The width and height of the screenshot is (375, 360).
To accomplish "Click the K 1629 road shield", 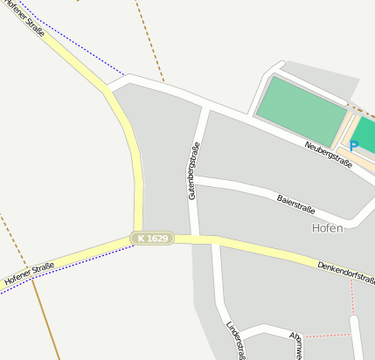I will pyautogui.click(x=152, y=238).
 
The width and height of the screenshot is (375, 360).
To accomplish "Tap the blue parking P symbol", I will pyautogui.click(x=354, y=146).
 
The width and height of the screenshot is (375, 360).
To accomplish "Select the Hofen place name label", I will pyautogui.click(x=327, y=227).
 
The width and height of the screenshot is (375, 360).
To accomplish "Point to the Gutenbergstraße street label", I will pyautogui.click(x=193, y=172).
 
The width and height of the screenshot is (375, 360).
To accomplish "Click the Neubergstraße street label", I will pyautogui.click(x=329, y=153).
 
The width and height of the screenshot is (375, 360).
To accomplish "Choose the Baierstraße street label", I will pyautogui.click(x=295, y=204).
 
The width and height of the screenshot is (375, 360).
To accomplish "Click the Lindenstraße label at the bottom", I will pyautogui.click(x=233, y=340).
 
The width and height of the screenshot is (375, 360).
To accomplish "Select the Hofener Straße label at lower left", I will pyautogui.click(x=29, y=273).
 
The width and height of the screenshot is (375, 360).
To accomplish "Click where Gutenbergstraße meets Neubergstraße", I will pyautogui.click(x=205, y=106).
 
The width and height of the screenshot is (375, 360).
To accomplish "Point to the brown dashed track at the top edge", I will pyautogui.click(x=149, y=35).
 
